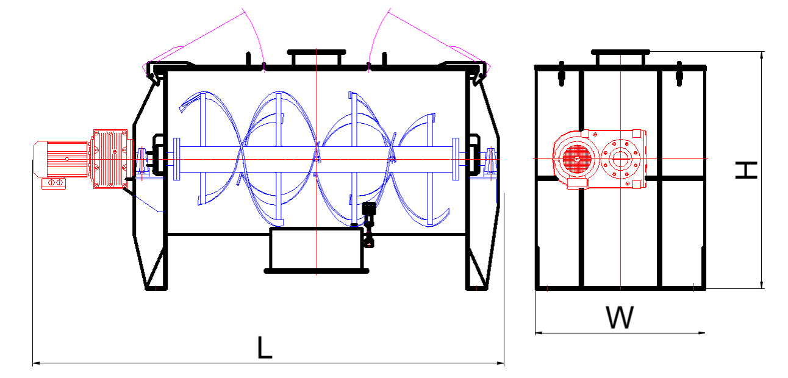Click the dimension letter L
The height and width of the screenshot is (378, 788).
click(x=265, y=347)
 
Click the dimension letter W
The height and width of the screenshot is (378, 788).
click(x=620, y=317)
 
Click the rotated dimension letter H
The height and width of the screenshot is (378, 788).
click(x=746, y=170)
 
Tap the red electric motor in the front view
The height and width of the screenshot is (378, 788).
click(x=61, y=159)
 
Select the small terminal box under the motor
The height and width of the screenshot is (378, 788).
click(x=54, y=183)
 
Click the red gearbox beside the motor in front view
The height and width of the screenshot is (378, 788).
click(x=110, y=159)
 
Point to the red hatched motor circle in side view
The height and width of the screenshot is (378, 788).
click(x=576, y=159)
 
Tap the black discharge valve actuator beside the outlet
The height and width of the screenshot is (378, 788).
click(x=368, y=224)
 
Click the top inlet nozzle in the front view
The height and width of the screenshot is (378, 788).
click(x=317, y=58)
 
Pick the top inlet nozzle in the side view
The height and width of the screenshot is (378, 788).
click(x=620, y=58)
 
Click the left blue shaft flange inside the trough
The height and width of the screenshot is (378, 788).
click(x=177, y=159)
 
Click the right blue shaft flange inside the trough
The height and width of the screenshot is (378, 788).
click(x=456, y=159)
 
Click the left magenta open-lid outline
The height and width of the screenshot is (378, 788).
click(x=203, y=42)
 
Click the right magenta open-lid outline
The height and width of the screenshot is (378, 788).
click(x=429, y=42)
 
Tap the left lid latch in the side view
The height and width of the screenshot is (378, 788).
click(x=562, y=74)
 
